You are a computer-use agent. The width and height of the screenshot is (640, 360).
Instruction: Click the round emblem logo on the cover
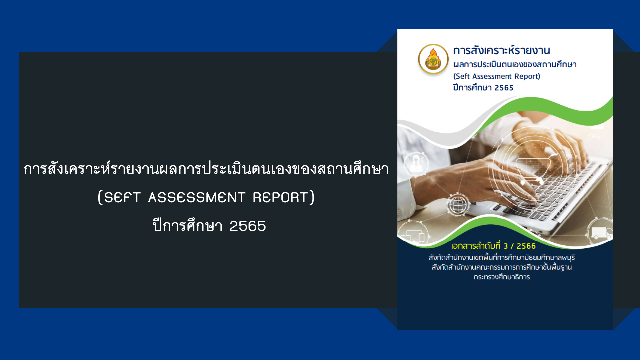[x=433, y=59]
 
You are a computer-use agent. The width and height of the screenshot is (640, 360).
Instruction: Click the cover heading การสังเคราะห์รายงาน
[x=501, y=50]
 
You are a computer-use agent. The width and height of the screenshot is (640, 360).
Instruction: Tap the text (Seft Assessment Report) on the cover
[x=497, y=76]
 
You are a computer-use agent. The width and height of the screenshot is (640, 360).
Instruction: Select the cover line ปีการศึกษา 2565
[x=483, y=87]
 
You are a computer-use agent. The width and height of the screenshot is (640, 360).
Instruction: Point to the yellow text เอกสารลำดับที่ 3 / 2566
[x=493, y=246]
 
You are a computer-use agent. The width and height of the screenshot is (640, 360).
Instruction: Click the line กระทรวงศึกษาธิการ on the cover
[x=502, y=277]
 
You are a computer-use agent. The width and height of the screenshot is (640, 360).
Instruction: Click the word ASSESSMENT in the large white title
[x=197, y=197]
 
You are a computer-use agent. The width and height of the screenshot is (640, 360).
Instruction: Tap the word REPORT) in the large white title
[x=284, y=197]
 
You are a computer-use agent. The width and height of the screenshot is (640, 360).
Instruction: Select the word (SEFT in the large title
[x=119, y=197]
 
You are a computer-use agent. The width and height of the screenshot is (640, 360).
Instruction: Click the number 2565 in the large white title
[x=248, y=226]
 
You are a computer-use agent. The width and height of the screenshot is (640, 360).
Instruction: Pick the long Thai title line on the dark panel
[x=206, y=169]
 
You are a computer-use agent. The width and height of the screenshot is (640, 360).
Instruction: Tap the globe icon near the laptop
[x=458, y=205]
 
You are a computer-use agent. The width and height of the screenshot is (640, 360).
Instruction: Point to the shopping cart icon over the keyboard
[x=532, y=170]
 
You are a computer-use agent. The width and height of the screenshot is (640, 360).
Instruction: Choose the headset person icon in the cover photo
[x=416, y=163]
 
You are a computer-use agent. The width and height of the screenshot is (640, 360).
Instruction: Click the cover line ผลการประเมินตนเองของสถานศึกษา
[x=515, y=64]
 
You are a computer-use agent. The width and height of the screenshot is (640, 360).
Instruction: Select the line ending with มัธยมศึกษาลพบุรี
[x=502, y=257]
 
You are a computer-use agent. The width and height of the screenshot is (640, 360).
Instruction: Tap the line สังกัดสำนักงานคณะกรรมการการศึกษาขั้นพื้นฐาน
[x=502, y=267]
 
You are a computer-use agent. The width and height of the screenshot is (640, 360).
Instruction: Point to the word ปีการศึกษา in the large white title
[x=187, y=226]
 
